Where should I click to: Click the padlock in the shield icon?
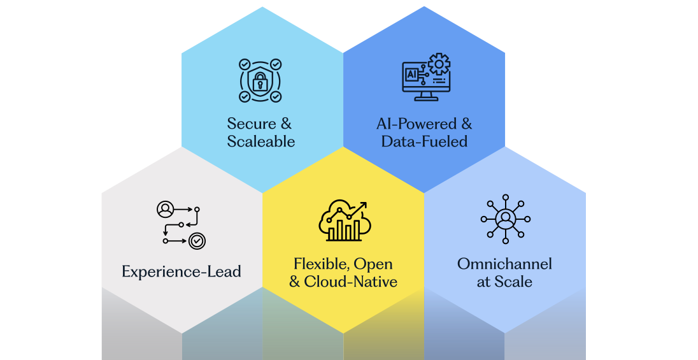[x=260, y=81]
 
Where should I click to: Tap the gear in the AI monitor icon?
[x=439, y=64]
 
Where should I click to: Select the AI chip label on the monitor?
[x=411, y=75]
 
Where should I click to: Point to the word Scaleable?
[x=261, y=141]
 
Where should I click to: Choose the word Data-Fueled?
[x=424, y=141]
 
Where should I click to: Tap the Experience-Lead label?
[x=182, y=272]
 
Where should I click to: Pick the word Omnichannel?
[x=504, y=264]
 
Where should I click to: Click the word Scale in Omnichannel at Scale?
[x=514, y=282]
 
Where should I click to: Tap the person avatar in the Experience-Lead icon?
[x=165, y=208]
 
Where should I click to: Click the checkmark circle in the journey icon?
[x=197, y=241]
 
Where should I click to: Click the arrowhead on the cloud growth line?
[x=364, y=205]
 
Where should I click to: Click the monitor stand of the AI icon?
[x=426, y=97]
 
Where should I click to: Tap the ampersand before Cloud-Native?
[x=294, y=282]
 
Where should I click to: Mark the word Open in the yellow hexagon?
[x=373, y=264]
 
